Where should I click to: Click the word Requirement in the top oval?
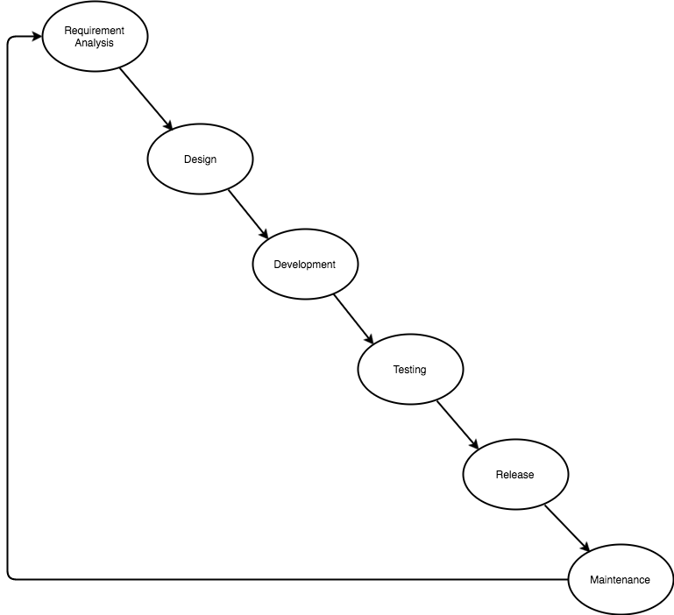94,31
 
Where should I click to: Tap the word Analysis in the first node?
94,43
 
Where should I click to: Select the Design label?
201,159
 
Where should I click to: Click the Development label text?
305,265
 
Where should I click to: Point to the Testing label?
409,370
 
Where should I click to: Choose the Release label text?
515,475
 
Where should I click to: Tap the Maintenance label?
620,580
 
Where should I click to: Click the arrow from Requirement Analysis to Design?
146,99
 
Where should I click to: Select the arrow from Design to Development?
248,214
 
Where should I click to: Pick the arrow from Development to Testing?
354,319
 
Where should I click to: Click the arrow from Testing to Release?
458,425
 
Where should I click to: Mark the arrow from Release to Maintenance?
567,528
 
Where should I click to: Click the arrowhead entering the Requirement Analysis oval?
37,37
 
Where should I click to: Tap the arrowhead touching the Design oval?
168,124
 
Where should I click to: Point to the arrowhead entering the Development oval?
264,233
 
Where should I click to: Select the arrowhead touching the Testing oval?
369,338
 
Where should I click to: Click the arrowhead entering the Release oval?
473,444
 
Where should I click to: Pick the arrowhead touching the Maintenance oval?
585,547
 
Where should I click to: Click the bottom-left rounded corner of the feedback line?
10,577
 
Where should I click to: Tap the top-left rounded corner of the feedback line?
10,39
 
